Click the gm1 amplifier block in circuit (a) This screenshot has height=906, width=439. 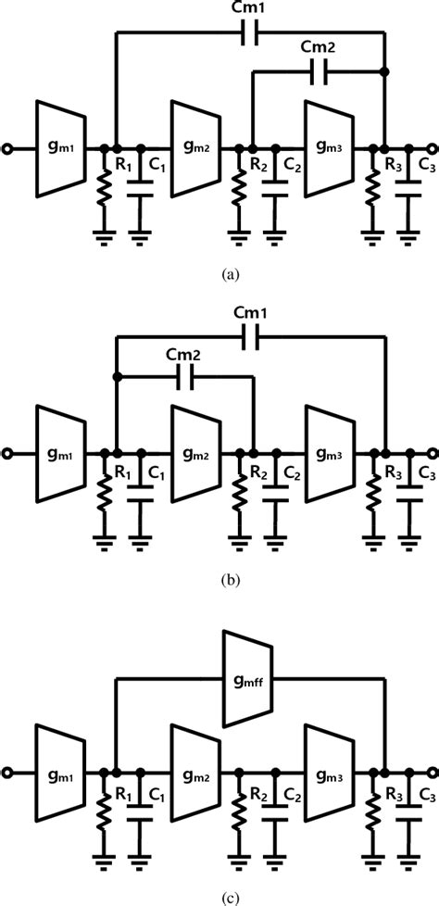click(x=61, y=148)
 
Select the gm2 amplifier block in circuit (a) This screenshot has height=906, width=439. click(x=195, y=148)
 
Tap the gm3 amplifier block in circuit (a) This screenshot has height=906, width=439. click(x=329, y=148)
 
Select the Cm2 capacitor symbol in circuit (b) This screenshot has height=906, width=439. click(x=184, y=376)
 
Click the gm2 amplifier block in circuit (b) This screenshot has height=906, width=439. click(x=195, y=453)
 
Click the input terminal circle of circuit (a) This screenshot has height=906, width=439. click(x=8, y=148)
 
